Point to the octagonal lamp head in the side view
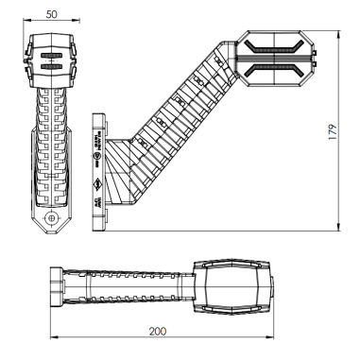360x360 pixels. coord(275,55)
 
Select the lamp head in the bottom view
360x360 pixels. coord(231,283)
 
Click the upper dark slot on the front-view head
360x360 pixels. coord(51,56)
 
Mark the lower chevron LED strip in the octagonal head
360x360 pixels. coord(275,65)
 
